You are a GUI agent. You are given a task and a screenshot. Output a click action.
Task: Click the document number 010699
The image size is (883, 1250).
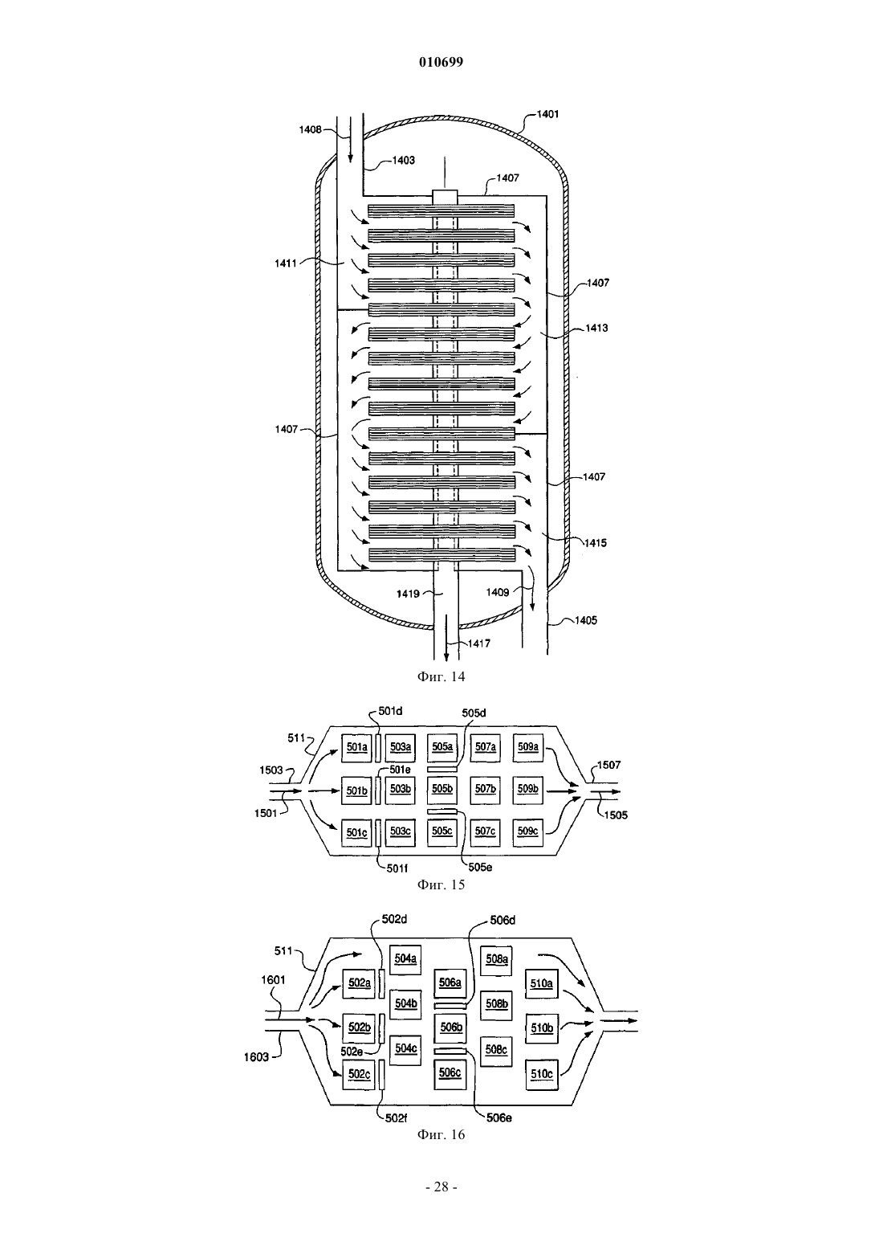coord(441,62)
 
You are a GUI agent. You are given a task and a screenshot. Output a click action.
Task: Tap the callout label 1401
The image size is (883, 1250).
coord(547,114)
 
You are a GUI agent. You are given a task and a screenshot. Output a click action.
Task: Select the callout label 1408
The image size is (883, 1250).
coord(310,130)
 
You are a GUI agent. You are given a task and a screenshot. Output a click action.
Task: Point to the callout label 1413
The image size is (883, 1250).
coord(596,328)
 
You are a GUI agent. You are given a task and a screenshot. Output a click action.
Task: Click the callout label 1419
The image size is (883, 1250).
coord(408,594)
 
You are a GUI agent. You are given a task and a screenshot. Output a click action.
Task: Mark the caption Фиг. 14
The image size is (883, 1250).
coord(441,677)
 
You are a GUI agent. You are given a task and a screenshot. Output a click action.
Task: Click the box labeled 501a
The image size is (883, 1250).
coord(356,747)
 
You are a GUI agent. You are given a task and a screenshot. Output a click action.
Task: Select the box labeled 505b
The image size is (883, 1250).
coord(442,789)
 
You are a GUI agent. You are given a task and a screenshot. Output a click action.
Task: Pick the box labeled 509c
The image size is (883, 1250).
coord(527,831)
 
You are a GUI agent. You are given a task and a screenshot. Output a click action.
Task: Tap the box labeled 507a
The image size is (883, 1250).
coord(485,747)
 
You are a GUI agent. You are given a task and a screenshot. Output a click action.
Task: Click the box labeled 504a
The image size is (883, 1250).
coord(405,959)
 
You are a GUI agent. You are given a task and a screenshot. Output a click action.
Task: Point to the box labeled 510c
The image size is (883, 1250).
coord(542,1074)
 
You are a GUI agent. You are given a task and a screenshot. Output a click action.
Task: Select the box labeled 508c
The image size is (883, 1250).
coord(496,1050)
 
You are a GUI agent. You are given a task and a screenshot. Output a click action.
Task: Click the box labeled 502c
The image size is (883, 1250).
coord(359,1074)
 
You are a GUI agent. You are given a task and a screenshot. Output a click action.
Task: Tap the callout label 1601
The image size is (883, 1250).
coord(273,980)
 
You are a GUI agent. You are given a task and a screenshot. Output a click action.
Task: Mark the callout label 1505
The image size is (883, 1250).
coord(616,815)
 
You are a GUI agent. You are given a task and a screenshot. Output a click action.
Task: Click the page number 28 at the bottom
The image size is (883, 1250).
coord(441,1187)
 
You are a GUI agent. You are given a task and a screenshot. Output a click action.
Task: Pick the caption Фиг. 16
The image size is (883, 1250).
coord(441,1135)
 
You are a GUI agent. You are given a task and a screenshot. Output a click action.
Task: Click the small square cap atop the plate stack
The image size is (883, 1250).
coord(445,197)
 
